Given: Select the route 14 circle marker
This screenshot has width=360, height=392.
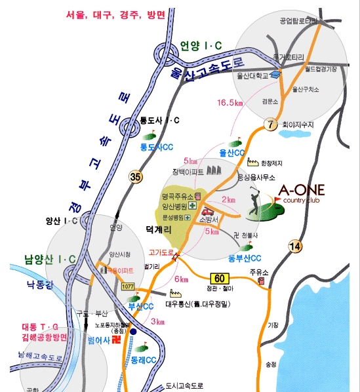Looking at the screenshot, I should click(294, 246).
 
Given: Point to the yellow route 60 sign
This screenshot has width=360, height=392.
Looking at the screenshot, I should click(219, 278).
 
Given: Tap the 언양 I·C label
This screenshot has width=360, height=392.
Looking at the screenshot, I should click(201, 45).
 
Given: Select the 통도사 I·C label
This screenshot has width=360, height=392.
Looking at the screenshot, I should click(159, 120).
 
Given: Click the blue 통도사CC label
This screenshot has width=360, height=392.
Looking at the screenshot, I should click(157, 147).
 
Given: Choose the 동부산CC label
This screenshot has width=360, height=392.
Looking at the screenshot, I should click(245, 258).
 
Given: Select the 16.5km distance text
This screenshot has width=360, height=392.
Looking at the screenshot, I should click(230, 102).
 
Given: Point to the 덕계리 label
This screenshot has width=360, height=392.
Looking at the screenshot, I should click(159, 229).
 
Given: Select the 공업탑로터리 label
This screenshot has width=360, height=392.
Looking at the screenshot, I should click(299, 20).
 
